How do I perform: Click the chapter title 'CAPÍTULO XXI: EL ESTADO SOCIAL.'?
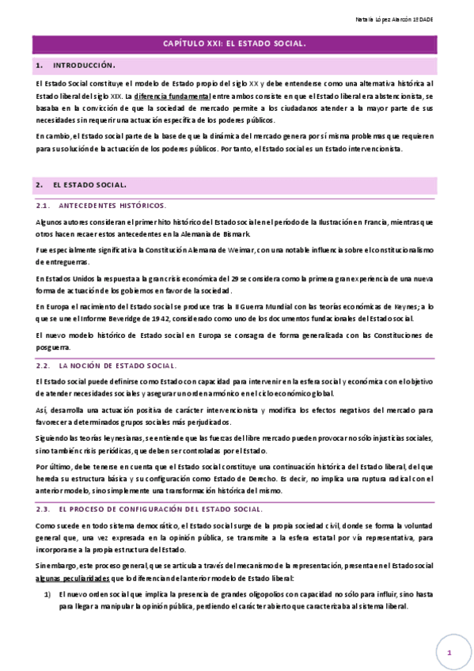(x=236, y=45)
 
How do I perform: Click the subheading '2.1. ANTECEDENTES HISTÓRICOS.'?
(x=101, y=205)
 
